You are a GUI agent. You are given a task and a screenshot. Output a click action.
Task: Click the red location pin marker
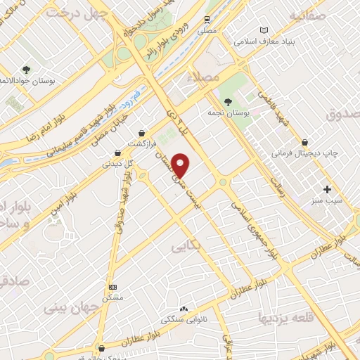tap(181, 165)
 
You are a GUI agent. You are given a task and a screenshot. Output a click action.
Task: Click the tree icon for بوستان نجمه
tap(226, 103)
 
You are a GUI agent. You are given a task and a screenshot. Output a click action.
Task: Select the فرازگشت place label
tap(141, 143)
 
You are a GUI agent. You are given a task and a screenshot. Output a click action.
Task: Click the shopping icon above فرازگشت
tap(142, 133)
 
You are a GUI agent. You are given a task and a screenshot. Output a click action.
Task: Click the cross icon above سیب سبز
tap(327, 189)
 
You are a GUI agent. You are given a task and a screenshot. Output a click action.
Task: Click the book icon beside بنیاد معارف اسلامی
tap(264, 30)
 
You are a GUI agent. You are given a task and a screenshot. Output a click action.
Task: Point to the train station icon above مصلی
tap(207, 20)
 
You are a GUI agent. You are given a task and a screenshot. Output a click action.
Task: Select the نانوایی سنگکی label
tap(184, 320)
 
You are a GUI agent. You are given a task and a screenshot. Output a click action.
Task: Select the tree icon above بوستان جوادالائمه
tap(26, 70)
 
